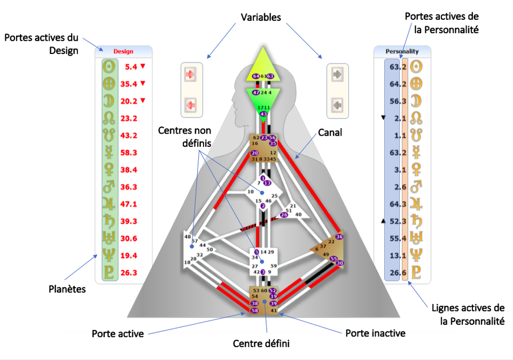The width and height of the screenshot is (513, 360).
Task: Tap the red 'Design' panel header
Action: (x=123, y=52)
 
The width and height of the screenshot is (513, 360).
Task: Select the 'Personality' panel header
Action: (x=402, y=52)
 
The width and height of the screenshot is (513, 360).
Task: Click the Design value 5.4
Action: (x=131, y=67)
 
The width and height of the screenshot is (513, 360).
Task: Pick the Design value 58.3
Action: (x=129, y=153)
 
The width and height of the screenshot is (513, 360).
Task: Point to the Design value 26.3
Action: (x=129, y=272)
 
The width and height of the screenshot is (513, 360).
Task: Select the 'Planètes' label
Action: (x=67, y=288)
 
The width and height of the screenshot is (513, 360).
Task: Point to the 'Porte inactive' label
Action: (x=375, y=333)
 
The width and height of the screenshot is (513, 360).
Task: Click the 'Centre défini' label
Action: (x=261, y=343)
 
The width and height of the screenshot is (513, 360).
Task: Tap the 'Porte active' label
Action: (x=117, y=334)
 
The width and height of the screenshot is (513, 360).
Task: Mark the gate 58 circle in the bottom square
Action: (x=254, y=310)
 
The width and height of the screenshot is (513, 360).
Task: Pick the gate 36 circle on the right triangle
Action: (x=339, y=237)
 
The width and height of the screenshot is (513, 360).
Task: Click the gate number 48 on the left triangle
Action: (x=188, y=237)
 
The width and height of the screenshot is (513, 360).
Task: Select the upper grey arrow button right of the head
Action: (x=337, y=75)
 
